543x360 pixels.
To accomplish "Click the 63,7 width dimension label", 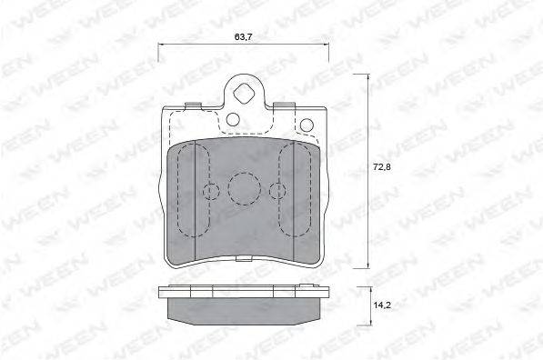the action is pyautogui.click(x=243, y=36).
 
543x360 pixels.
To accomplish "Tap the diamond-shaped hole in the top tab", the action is pyautogui.click(x=244, y=93).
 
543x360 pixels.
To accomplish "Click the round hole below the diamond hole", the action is pyautogui.click(x=233, y=119).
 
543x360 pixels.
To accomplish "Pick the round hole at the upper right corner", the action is pyautogui.click(x=307, y=125).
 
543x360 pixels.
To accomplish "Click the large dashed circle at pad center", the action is pyautogui.click(x=244, y=188).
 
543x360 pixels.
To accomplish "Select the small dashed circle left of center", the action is pyautogui.click(x=211, y=191).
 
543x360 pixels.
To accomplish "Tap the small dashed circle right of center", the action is pyautogui.click(x=277, y=191).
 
